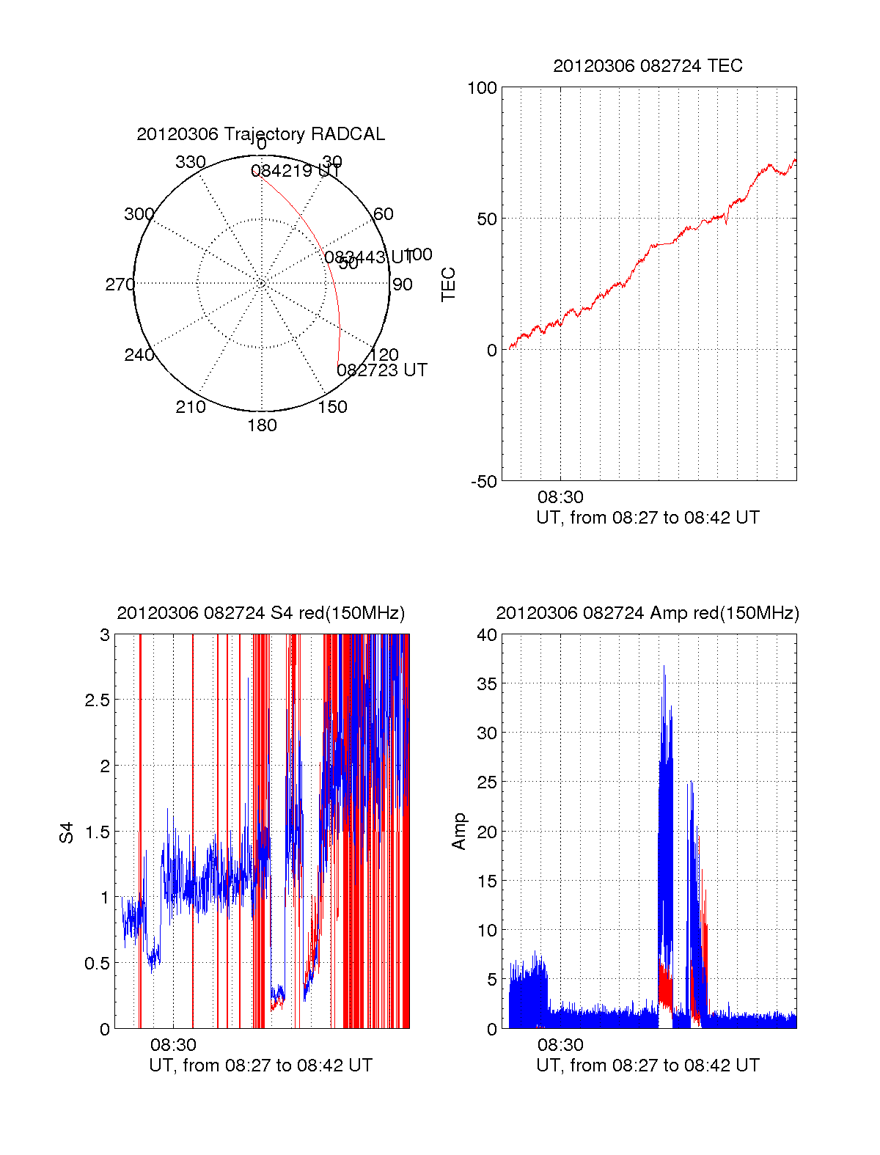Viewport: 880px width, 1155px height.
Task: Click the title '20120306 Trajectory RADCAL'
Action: point(260,134)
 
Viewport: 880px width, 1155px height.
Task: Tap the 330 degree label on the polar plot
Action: point(190,162)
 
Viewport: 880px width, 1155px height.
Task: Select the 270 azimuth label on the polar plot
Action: point(120,285)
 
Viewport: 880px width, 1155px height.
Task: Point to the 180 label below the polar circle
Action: point(262,425)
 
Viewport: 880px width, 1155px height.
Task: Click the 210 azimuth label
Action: point(190,407)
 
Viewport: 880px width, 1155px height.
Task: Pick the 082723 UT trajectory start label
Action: point(381,370)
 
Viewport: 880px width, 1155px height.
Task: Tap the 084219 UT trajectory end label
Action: point(296,172)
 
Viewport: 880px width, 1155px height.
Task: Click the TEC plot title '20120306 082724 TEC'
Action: point(648,66)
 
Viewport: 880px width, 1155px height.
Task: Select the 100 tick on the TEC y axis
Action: point(482,88)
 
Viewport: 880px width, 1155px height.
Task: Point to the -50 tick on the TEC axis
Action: point(483,482)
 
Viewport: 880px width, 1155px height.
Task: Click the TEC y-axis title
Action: point(448,285)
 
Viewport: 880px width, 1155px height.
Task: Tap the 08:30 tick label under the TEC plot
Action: point(560,498)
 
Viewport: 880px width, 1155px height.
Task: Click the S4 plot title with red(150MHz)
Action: point(260,613)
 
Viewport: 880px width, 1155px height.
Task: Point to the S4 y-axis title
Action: point(67,832)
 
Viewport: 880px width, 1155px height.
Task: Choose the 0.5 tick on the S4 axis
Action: point(98,964)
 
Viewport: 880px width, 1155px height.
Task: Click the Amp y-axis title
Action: point(459,832)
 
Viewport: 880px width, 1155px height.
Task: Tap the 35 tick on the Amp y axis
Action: point(487,684)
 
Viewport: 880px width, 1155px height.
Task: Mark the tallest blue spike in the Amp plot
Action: point(664,667)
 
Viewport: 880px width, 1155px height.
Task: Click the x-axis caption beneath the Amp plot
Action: point(648,1066)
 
